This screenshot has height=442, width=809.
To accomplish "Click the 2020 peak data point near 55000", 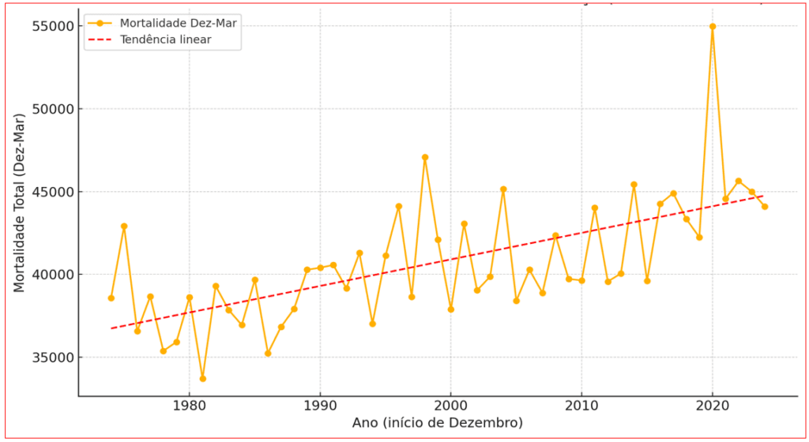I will [713, 26].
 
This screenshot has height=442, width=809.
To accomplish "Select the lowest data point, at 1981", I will [202, 379].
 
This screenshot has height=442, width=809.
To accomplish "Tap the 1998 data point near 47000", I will [425, 157].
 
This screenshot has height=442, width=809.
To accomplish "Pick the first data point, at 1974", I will [111, 298].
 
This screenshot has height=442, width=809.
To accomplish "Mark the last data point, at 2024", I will [765, 207].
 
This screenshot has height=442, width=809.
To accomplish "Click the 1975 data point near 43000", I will [124, 227].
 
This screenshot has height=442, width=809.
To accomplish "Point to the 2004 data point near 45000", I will [503, 189].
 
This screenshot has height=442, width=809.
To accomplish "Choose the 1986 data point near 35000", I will [268, 353].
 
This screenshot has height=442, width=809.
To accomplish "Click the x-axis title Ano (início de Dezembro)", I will [437, 424].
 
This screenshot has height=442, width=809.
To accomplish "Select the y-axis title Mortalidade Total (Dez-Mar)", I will [19, 202].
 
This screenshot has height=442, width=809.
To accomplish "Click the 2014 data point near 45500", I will [634, 185].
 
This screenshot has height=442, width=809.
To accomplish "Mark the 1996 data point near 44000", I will [399, 207].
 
